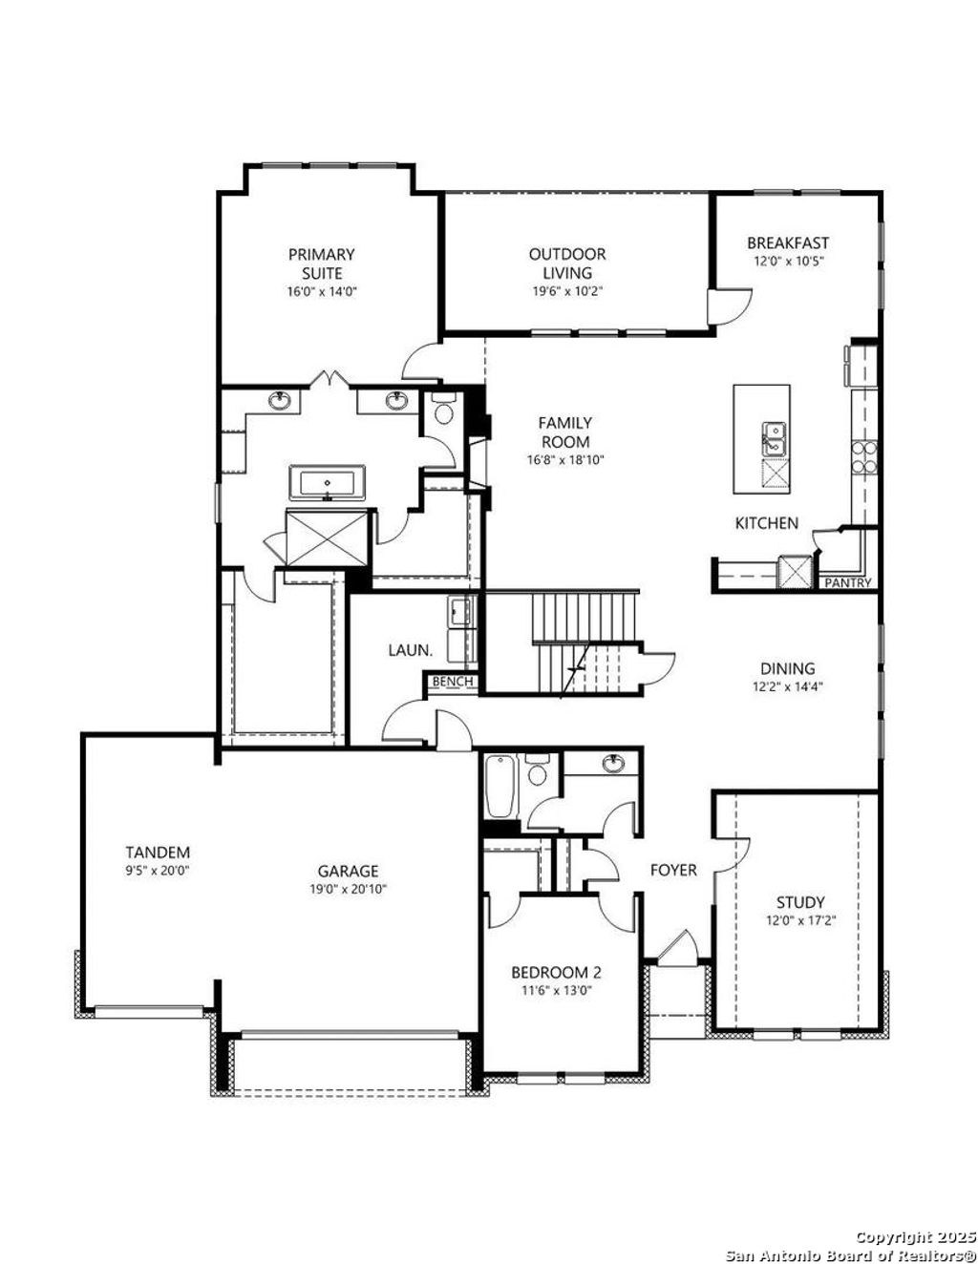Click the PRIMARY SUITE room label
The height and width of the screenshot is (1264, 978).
coord(322,263)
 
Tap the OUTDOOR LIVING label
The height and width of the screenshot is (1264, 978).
coord(567,263)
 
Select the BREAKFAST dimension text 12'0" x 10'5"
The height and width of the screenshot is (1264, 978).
coord(788,260)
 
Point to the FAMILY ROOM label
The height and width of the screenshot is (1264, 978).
coord(565,432)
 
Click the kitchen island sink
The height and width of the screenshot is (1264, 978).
coord(773,440)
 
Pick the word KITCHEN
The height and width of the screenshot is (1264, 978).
coord(766,523)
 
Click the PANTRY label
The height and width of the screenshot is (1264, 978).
coord(848,582)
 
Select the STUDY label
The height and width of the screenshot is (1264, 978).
coord(800,902)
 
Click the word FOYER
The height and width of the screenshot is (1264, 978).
coord(673,871)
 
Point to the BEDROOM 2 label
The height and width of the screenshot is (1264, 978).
coord(556,973)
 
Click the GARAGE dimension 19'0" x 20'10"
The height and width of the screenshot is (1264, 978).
coord(348,889)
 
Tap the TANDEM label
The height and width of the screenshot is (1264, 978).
coord(158,853)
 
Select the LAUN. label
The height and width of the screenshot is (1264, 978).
coord(410,650)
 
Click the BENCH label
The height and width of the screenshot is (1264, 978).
coord(451,682)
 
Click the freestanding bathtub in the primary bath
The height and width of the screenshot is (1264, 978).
coord(328,482)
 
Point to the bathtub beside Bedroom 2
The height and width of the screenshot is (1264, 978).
coord(500,787)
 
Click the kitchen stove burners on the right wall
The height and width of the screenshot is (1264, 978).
coord(863,458)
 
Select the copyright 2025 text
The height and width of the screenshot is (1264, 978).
coord(914,1237)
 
